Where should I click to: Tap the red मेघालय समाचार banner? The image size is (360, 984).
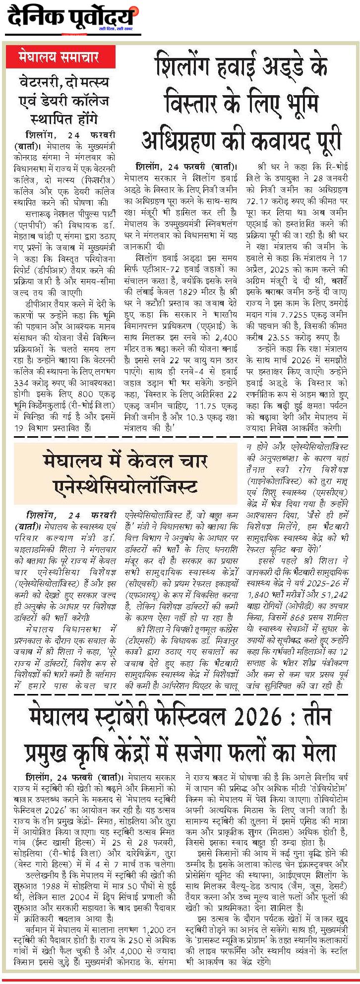60,57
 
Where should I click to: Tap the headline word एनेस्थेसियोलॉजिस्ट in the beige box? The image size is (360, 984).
124,486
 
